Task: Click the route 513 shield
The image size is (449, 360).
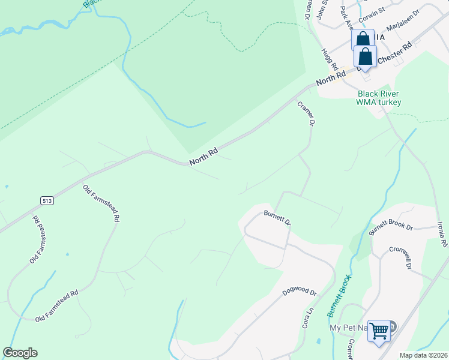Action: click(x=48, y=200)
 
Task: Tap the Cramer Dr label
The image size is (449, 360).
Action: click(x=306, y=113)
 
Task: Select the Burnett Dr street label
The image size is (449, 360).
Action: click(x=277, y=217)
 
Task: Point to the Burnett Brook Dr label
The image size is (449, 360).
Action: click(x=391, y=227)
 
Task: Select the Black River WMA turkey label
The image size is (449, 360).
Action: click(x=379, y=98)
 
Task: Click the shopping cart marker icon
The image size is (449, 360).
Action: click(x=379, y=330)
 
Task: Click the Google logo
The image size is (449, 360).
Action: click(x=20, y=353)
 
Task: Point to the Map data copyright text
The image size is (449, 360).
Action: click(x=423, y=355)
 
